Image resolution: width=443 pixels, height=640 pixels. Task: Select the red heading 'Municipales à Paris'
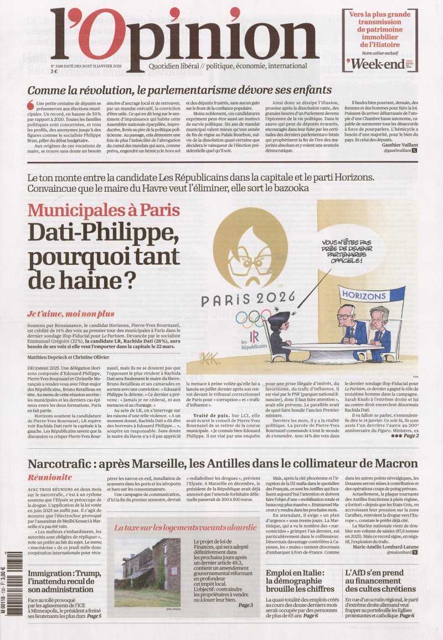tap(104, 210)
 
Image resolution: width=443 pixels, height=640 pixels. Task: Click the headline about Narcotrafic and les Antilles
tap(223, 463)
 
